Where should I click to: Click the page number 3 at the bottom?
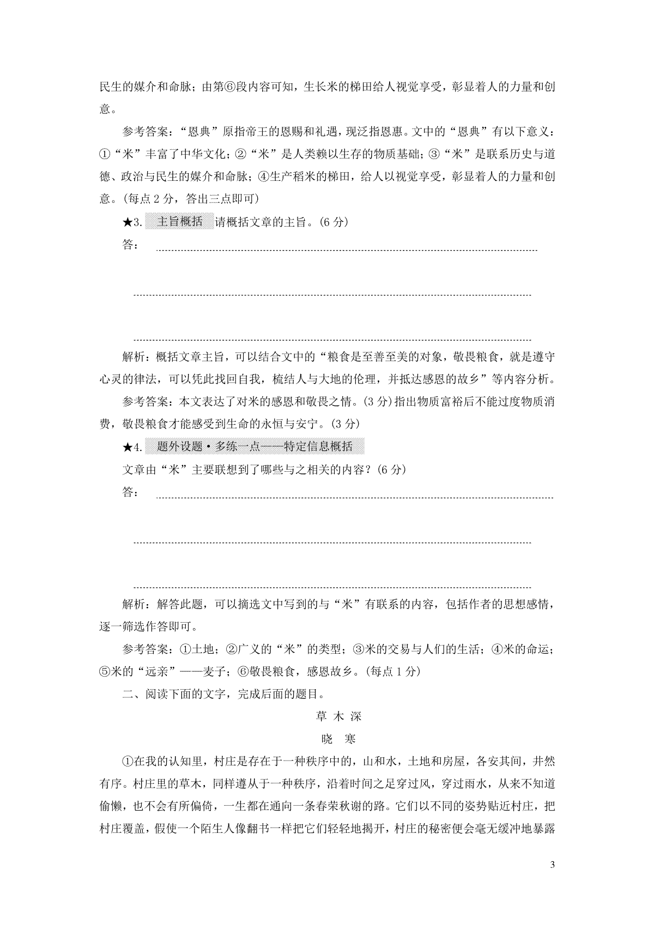point(553,865)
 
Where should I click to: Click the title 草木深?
point(338,716)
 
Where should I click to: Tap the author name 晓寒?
point(338,739)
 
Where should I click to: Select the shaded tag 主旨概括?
point(179,222)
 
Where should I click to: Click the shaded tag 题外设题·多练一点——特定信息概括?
point(255,447)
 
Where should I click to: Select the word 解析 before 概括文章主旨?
point(134,357)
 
